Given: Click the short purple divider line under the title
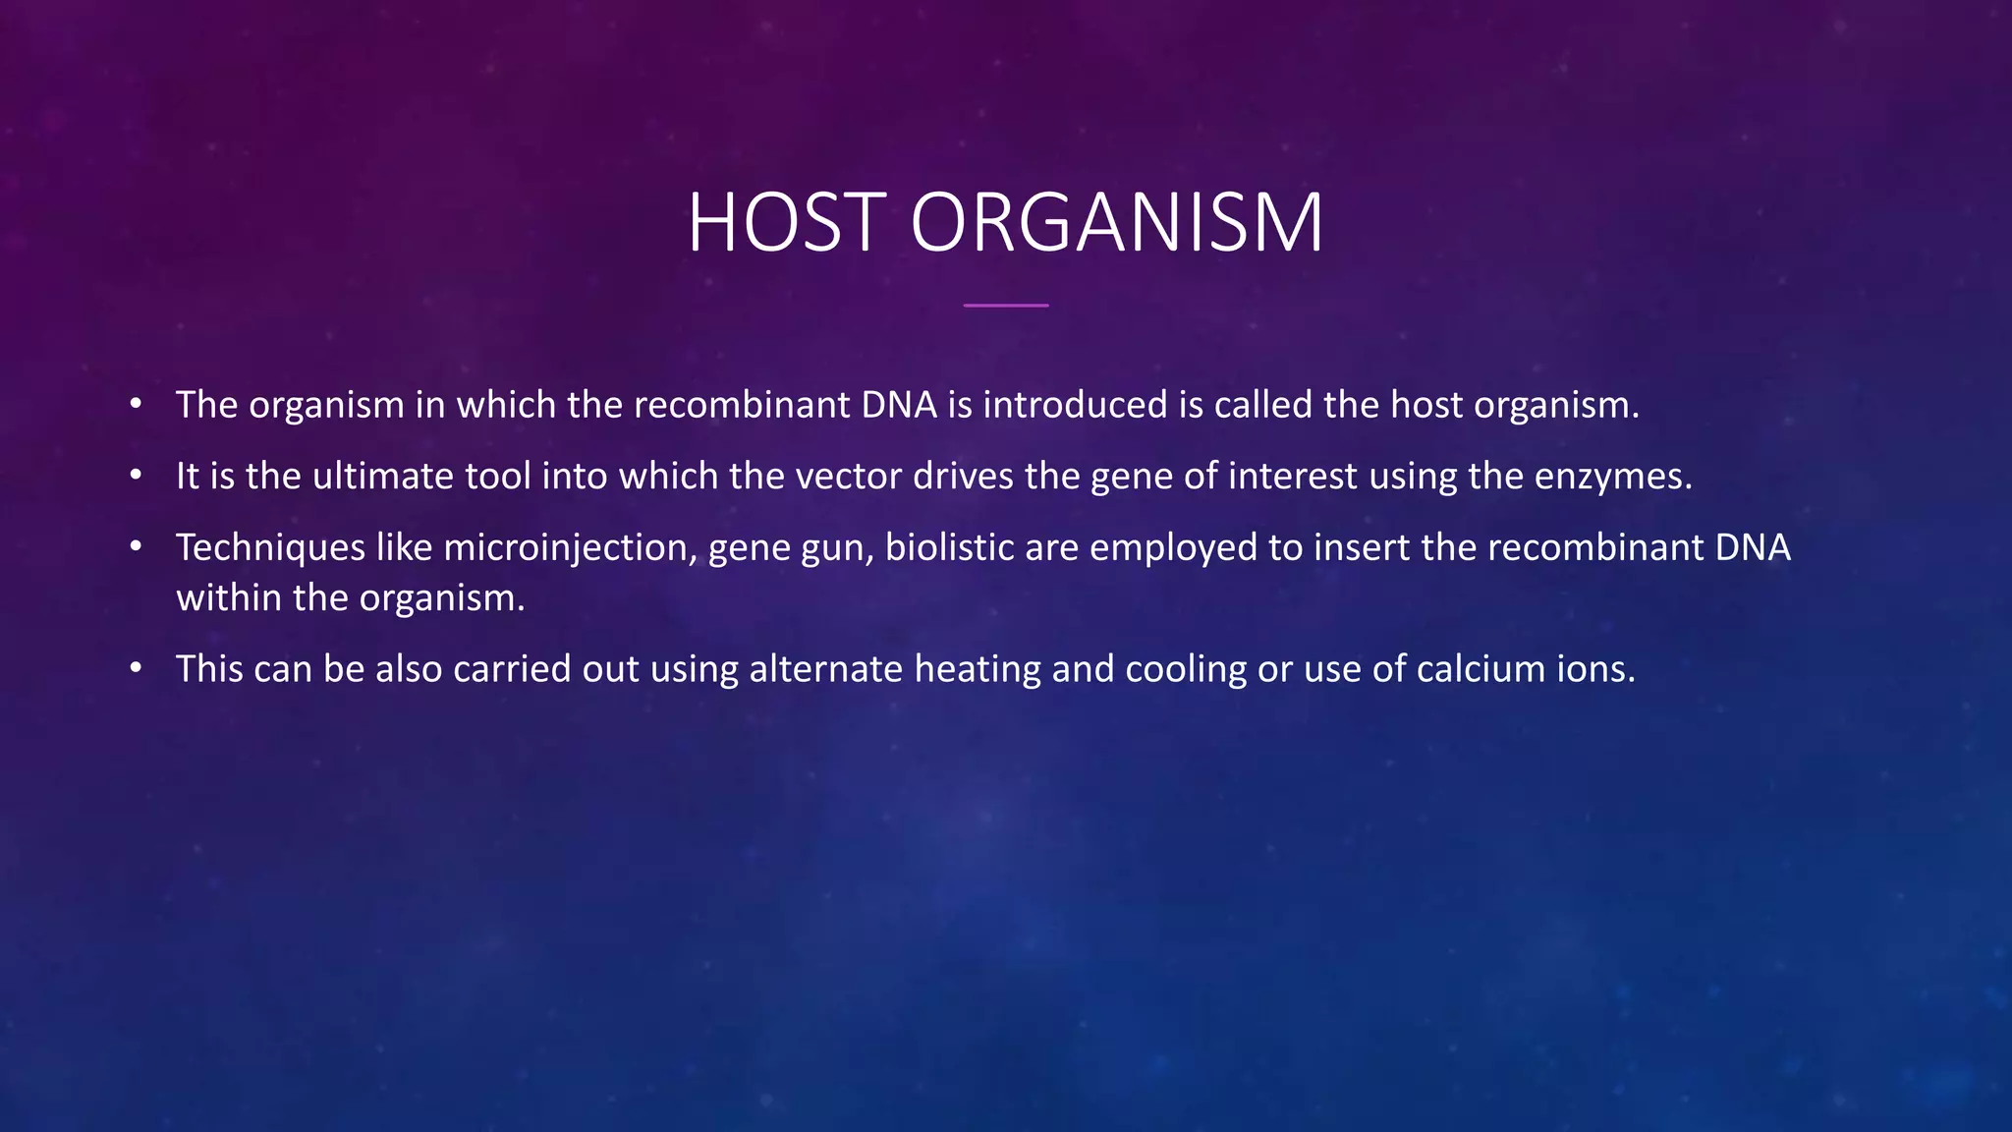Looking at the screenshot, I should [1006, 306].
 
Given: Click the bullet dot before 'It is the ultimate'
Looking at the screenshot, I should [137, 477].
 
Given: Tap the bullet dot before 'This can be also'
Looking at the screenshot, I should [137, 669].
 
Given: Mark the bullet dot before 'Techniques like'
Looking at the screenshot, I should [137, 547].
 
